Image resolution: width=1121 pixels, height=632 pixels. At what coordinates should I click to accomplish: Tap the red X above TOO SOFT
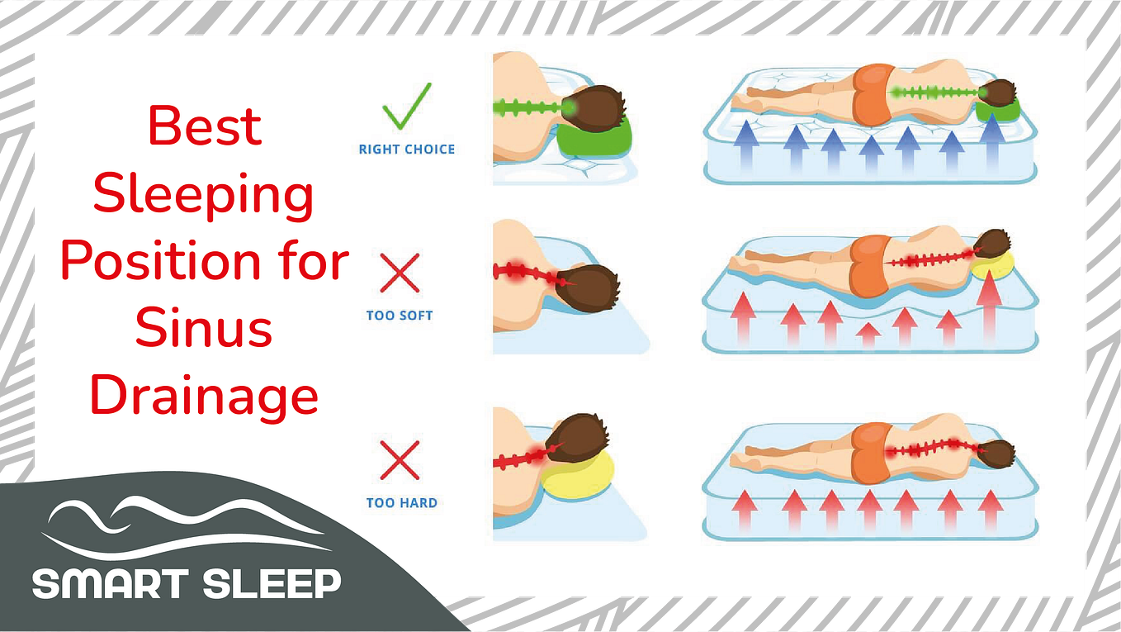coord(400,273)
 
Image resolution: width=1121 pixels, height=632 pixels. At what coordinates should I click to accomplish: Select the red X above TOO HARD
coord(400,460)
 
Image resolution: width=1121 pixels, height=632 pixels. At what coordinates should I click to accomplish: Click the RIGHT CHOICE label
coord(407,150)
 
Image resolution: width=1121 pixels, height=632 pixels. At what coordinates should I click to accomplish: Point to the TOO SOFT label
coord(400,316)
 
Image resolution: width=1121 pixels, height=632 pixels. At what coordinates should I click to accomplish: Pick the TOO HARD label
coord(402,503)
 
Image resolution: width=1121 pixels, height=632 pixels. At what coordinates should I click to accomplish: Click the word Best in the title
coord(205,126)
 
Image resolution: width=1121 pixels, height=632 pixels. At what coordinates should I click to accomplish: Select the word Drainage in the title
coord(204,397)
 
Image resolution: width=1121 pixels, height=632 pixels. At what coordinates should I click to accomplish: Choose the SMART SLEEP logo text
coord(187,584)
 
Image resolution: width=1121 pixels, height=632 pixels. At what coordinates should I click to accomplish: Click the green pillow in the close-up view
coord(594,138)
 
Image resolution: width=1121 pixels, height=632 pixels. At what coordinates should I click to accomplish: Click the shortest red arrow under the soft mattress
coord(868,335)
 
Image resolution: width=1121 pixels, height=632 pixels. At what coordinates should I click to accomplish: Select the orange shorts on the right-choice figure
coord(873,95)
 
